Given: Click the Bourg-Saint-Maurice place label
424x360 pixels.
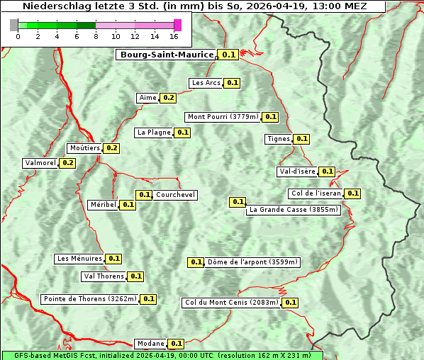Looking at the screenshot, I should tap(166, 55).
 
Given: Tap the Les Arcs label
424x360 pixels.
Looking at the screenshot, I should tap(206, 83).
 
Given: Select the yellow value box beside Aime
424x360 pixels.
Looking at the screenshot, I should tap(168, 98).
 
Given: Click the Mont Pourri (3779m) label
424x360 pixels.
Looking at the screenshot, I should tap(223, 117).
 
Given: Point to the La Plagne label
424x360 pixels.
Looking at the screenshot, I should tap(154, 133).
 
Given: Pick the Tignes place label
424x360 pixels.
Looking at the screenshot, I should tap(278, 139).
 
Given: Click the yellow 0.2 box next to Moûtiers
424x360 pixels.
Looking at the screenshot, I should tap(111, 148).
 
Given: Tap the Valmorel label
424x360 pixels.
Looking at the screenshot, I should tap(40, 163).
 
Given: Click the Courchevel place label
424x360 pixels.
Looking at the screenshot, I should tap(175, 195).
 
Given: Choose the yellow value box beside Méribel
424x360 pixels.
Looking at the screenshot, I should tap(128, 205).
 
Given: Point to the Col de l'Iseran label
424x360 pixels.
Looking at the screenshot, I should tap(316, 193).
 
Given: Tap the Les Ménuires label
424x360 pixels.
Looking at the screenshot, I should tap(79, 259).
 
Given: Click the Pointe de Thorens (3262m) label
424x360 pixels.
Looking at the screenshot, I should tap(89, 299).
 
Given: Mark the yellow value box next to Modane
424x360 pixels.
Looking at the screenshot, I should tap(177, 344).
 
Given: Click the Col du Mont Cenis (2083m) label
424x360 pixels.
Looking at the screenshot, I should tap(231, 303).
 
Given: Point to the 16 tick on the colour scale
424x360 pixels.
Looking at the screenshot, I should tap(174, 36).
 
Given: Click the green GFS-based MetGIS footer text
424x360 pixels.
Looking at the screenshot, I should tap(162, 355).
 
